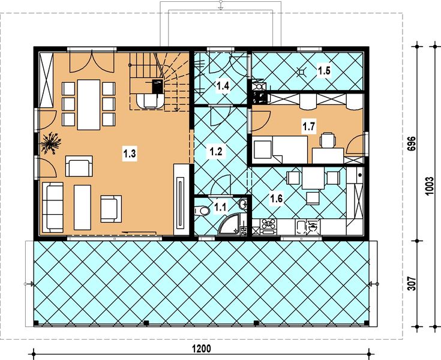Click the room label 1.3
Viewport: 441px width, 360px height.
coord(130,154)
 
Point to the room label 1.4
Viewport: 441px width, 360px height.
coord(223,86)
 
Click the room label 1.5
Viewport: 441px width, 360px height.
coord(325,71)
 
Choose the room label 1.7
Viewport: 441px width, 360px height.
coord(308,127)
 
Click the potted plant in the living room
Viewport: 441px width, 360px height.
coord(50,143)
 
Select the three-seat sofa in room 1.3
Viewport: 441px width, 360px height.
coord(52,208)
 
